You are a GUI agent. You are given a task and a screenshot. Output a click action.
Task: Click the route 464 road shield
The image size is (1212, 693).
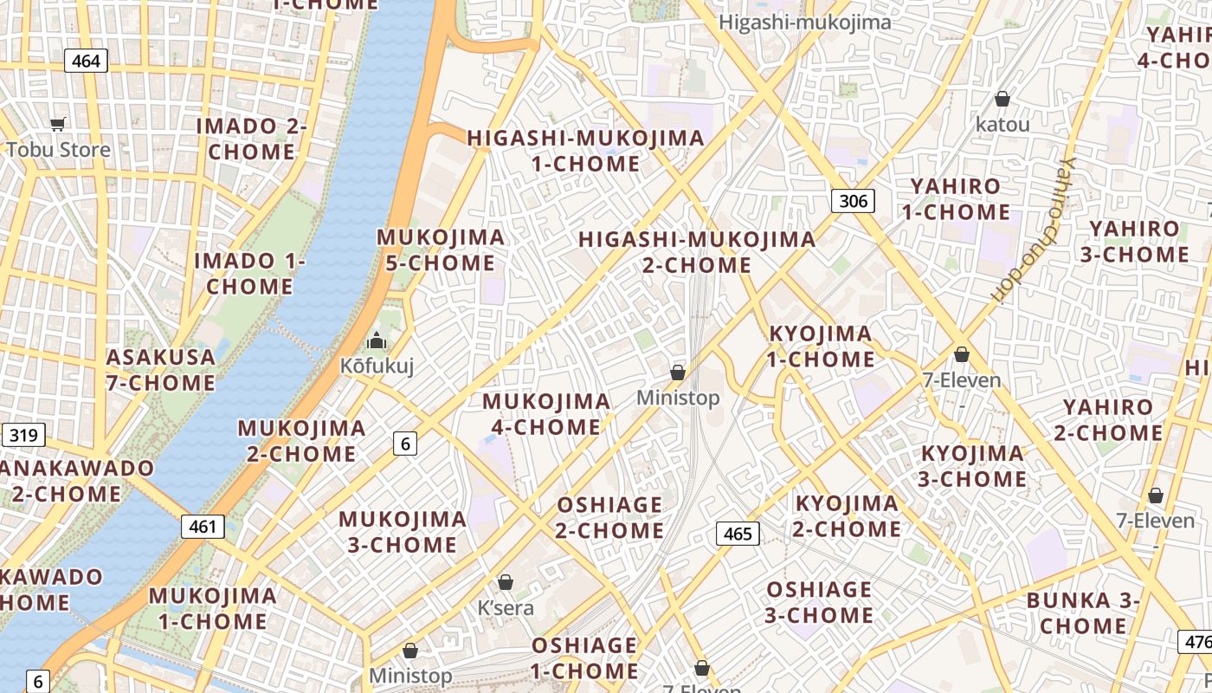(86, 61)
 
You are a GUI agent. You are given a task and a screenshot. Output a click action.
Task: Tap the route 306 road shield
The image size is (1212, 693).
(853, 202)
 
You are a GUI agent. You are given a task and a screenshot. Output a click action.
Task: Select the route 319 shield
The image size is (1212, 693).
(23, 435)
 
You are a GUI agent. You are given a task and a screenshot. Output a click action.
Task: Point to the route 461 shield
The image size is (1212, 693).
(203, 526)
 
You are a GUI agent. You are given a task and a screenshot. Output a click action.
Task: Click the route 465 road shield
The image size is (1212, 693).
(738, 534)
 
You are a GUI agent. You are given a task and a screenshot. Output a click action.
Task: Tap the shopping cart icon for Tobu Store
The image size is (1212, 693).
(58, 125)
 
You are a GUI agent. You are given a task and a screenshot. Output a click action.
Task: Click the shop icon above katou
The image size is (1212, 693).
(1002, 100)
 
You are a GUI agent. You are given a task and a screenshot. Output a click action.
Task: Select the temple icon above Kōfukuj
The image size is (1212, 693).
(376, 340)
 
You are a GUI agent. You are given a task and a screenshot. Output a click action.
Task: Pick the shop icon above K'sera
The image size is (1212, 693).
(506, 583)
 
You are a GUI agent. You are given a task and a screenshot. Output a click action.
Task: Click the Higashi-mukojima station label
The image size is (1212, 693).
(804, 23)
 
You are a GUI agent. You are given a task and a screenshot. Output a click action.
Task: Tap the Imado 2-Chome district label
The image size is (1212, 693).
(252, 139)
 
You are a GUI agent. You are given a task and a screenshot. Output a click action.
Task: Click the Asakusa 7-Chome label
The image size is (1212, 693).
(161, 370)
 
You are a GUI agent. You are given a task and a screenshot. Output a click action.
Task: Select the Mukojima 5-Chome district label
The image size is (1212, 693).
(441, 250)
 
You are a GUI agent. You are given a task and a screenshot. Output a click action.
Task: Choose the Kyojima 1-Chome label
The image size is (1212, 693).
(821, 346)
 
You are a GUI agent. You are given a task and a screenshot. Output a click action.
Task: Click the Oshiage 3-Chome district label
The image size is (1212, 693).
(819, 602)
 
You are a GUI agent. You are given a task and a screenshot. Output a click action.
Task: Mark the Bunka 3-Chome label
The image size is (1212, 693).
(1083, 613)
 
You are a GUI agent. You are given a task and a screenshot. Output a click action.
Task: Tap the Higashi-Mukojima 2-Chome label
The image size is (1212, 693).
(697, 252)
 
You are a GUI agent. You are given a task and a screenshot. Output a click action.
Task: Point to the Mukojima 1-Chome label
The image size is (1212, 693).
(213, 608)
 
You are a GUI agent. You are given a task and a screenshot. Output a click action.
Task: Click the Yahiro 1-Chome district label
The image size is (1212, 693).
(956, 199)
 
